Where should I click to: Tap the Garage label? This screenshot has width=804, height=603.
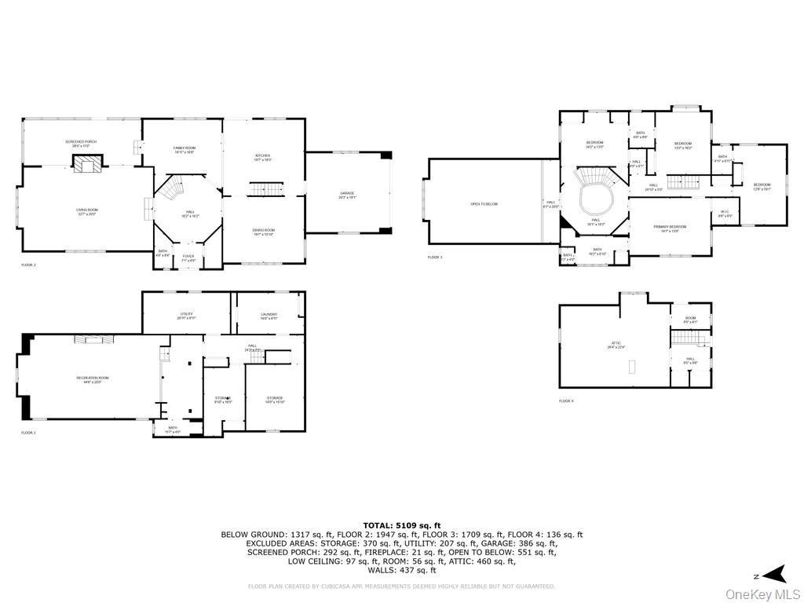[x=347, y=194]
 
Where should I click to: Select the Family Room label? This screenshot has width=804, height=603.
[x=184, y=149]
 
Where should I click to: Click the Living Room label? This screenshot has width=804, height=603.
[x=86, y=211]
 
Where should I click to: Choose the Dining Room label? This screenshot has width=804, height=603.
[x=264, y=232]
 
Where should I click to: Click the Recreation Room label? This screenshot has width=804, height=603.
[x=93, y=379]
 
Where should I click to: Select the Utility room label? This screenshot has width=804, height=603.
[x=186, y=316]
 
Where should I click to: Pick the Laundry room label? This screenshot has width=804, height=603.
[x=269, y=316]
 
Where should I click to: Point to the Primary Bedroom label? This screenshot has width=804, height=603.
[x=670, y=228]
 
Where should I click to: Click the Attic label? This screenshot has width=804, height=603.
[x=616, y=345]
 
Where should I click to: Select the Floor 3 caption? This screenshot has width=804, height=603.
[x=435, y=258]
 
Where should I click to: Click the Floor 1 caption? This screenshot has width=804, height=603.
[x=28, y=433]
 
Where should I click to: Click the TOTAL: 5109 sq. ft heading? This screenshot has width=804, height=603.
[x=401, y=525]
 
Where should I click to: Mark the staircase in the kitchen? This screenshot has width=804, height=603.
[x=265, y=190]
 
